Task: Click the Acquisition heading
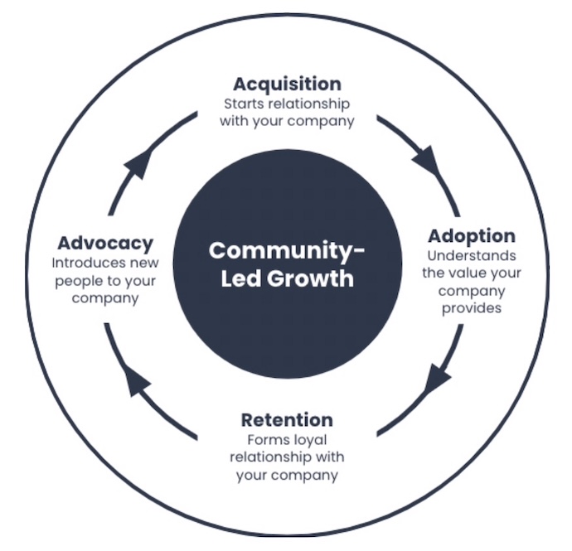click(287, 84)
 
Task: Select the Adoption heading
click(471, 235)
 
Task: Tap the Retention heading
click(287, 419)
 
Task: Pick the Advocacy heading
click(105, 243)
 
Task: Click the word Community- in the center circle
click(287, 249)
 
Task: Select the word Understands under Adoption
click(471, 255)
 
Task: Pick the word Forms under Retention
click(264, 439)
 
